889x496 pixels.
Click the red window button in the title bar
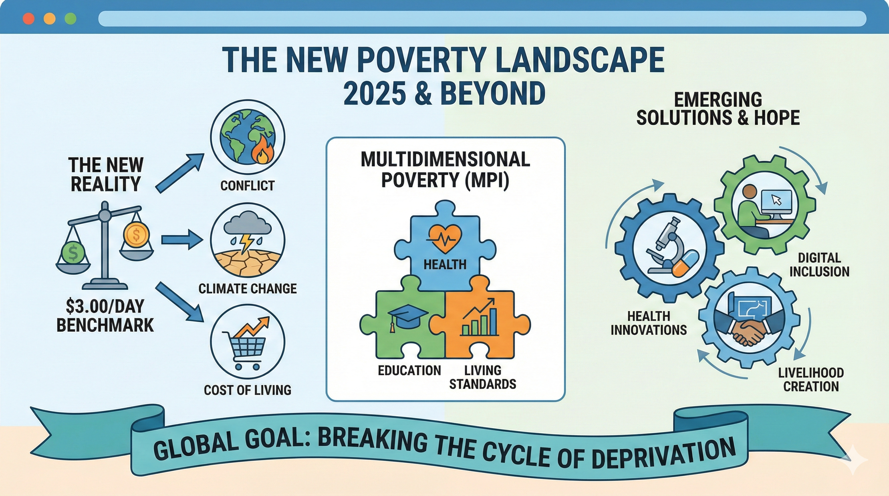click(x=28, y=19)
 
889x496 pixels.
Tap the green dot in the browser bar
click(x=70, y=19)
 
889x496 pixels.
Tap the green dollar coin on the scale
click(x=73, y=253)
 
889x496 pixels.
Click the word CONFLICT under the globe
click(x=247, y=186)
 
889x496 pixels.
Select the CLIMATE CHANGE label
click(x=247, y=288)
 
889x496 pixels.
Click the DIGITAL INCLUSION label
click(x=819, y=264)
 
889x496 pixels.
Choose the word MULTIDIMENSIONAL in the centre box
click(x=445, y=159)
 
